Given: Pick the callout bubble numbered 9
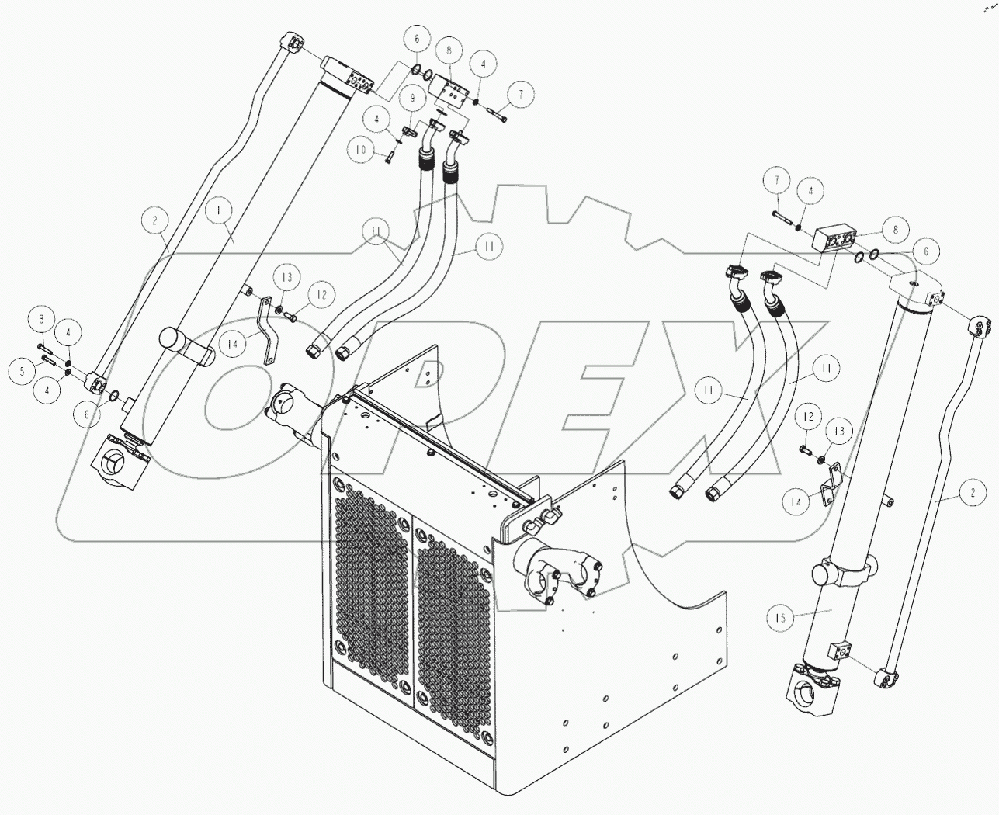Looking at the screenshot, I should click(412, 99).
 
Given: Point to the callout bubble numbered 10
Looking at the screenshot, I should click(360, 151).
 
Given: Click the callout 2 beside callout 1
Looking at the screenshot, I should click(154, 221).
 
